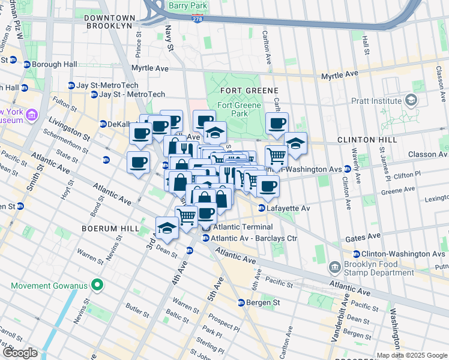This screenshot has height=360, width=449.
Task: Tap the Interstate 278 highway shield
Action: (197, 20)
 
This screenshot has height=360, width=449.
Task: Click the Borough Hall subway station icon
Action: (27, 65)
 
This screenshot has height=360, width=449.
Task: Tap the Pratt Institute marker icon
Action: (412, 99)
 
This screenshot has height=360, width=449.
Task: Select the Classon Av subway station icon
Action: (443, 154)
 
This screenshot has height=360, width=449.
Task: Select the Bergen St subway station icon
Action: (241, 302)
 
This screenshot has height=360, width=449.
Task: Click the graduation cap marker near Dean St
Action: (167, 228)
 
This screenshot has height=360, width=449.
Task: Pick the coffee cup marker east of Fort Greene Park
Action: (277, 124)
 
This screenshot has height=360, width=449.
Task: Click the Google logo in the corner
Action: (20, 353)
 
